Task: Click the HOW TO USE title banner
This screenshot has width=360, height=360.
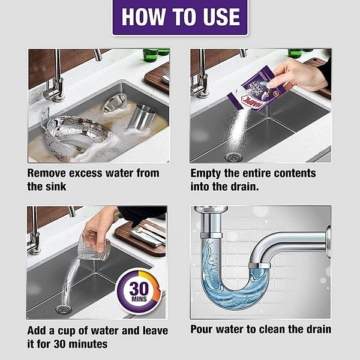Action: coord(180,17)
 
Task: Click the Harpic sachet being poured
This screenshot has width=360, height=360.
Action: coord(255,89)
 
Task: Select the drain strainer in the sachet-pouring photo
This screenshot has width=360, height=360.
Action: coord(233,157)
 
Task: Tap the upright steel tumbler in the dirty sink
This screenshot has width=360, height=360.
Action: coord(141,116)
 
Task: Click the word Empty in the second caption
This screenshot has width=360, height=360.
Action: coord(205,174)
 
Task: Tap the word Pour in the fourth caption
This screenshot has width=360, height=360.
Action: coord(202,329)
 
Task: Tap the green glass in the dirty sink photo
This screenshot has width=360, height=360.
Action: coord(151,55)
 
